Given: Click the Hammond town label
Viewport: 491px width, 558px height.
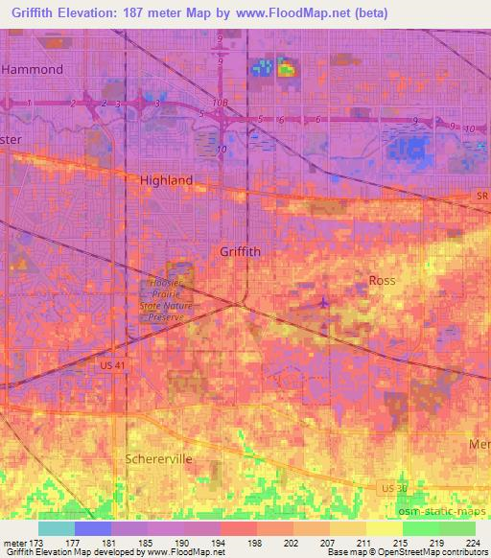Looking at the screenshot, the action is pyautogui.click(x=33, y=69).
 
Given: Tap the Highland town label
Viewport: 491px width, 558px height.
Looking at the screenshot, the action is pyautogui.click(x=166, y=180).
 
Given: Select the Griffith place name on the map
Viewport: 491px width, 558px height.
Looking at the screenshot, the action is pyautogui.click(x=240, y=251).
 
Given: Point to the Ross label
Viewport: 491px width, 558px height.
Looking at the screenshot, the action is pyautogui.click(x=383, y=280).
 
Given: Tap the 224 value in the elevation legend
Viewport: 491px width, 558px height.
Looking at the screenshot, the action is pyautogui.click(x=472, y=543).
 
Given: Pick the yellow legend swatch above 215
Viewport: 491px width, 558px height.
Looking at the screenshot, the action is pyautogui.click(x=384, y=528).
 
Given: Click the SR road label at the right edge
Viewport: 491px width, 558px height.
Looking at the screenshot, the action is pyautogui.click(x=481, y=196).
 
